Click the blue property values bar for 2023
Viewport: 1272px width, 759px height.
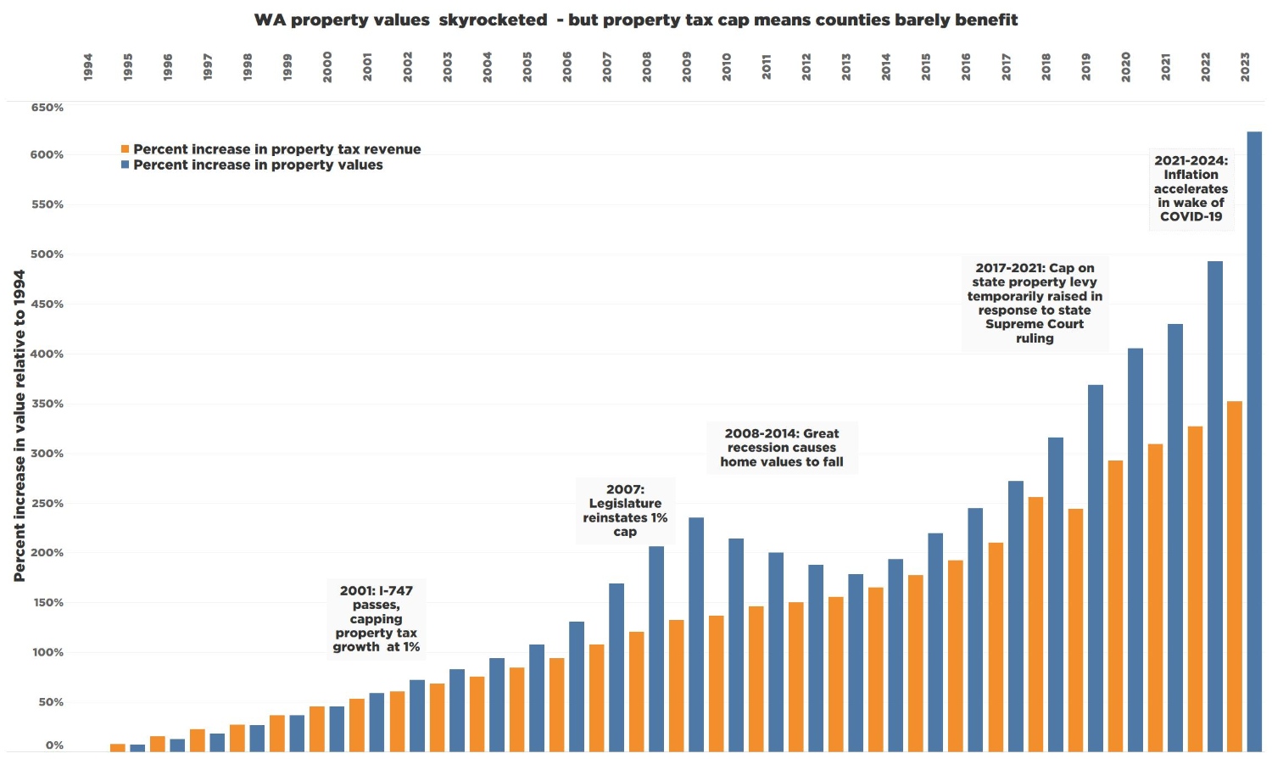(x=1254, y=441)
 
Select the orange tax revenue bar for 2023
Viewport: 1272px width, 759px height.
(x=1235, y=577)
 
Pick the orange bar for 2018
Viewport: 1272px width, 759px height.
(x=1035, y=624)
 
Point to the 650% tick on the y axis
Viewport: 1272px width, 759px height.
(x=47, y=108)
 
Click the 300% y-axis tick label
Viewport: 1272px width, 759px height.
(x=47, y=454)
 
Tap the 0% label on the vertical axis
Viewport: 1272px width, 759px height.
(x=54, y=745)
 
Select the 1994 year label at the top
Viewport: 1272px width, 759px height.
(x=88, y=67)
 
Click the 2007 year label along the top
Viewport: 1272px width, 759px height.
(x=607, y=67)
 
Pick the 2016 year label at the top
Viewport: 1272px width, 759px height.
(x=966, y=67)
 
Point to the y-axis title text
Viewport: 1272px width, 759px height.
(x=20, y=426)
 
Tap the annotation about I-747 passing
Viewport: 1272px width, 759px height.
(x=377, y=618)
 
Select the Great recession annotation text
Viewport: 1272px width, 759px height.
(x=782, y=448)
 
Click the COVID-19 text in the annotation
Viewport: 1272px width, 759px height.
(x=1191, y=216)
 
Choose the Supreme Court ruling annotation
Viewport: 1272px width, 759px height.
(x=1035, y=303)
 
